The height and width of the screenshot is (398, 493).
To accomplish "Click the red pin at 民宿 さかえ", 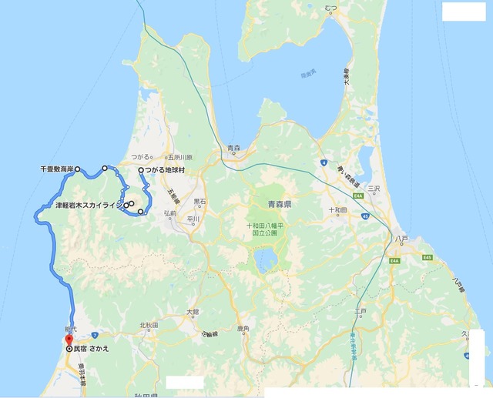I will click(x=68, y=339).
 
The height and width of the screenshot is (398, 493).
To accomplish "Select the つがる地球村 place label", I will click(x=166, y=171).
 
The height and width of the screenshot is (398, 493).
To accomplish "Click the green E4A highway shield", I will click(x=396, y=261).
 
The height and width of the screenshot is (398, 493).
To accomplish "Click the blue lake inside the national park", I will click(x=267, y=259).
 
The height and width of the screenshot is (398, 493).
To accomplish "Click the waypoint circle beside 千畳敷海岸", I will click(x=78, y=168).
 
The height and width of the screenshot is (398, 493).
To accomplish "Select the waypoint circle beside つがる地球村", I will click(x=140, y=171).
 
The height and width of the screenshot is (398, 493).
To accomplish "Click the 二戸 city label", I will click(x=361, y=310).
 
